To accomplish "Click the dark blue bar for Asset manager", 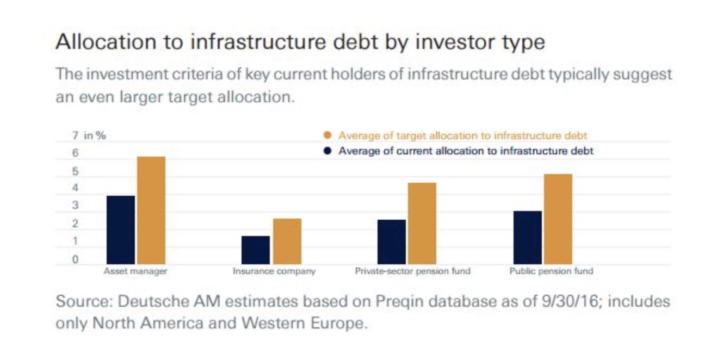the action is [121, 230].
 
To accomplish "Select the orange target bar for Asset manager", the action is [151, 210].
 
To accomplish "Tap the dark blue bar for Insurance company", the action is [256, 250].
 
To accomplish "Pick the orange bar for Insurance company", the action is [287, 241].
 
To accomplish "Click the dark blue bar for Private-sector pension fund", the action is [392, 242].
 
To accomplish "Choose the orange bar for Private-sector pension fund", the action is [422, 224].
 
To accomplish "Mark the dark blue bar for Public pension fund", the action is [528, 238].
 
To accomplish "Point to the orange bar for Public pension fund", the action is [558, 219].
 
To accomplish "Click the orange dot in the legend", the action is [327, 135].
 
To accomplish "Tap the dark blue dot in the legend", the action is [327, 151].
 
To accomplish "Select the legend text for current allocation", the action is [466, 151].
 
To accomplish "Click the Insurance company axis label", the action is [274, 271].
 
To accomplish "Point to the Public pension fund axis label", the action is [551, 271].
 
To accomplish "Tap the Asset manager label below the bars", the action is [135, 271].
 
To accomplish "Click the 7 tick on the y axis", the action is [75, 136].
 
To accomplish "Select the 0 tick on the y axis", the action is [75, 259].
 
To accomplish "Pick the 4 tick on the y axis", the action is [75, 188].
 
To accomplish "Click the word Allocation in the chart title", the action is [106, 42].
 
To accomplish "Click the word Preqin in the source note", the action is [399, 302].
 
